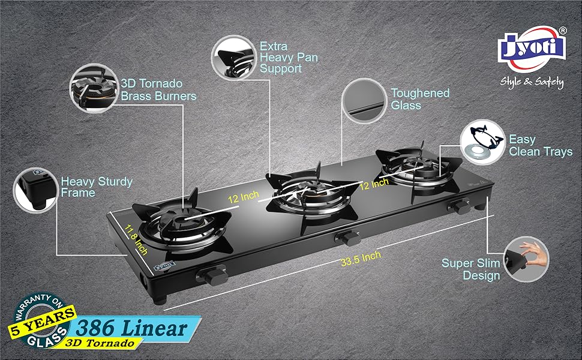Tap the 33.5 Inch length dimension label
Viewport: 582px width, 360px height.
pos(361,259)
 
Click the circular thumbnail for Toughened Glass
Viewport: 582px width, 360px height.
pos(364,101)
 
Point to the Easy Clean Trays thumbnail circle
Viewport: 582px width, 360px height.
pos(482,142)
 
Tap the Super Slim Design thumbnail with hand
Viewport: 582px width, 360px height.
pos(526,259)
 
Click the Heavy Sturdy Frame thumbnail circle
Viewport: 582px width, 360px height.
pos(36,190)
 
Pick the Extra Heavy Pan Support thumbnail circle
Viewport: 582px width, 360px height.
pos(234,58)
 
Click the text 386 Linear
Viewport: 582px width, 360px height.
pos(132,328)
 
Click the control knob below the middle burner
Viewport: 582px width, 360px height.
pos(348,238)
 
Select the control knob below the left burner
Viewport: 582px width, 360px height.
pos(212,275)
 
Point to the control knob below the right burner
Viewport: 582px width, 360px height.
pos(460,206)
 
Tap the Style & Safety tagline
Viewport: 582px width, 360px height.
pos(532,82)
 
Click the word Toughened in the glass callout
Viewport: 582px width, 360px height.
pos(420,93)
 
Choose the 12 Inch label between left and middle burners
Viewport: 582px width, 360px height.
pos(244,197)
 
